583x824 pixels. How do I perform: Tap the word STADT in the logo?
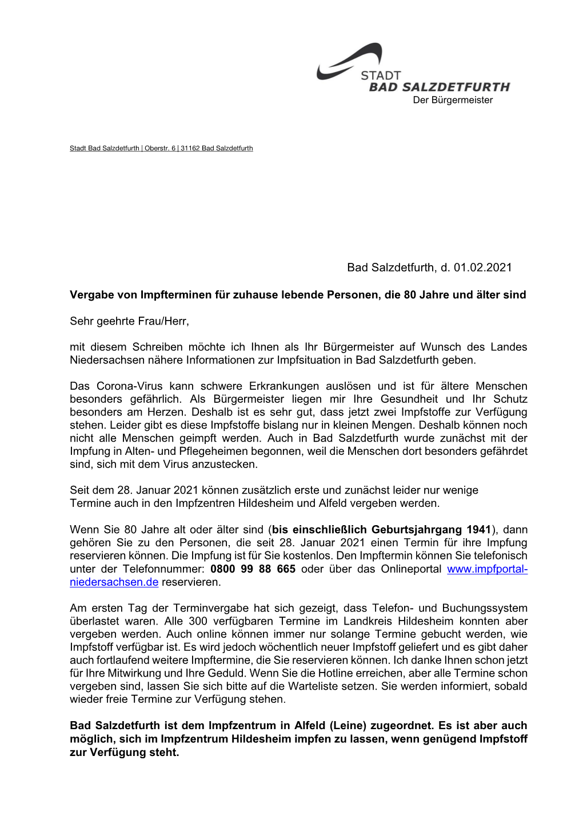381,75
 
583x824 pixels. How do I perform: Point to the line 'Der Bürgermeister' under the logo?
453,100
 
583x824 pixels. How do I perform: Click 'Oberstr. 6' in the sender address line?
160,149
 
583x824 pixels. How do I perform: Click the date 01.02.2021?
483,267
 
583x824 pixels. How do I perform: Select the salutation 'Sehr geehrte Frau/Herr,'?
129,321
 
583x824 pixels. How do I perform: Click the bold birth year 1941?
478,530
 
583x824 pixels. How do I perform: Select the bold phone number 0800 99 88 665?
253,569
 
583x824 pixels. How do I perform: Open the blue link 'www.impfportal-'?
487,569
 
